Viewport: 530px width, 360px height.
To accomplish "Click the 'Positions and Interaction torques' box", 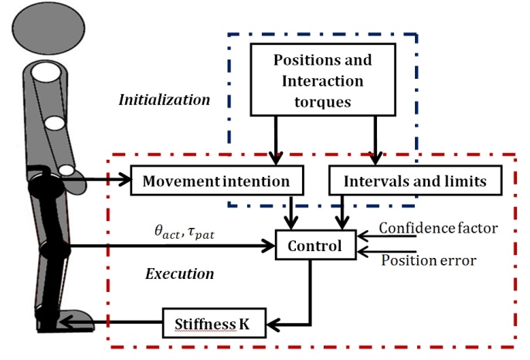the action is coord(323,80).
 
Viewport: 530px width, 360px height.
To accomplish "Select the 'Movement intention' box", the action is coord(217,181).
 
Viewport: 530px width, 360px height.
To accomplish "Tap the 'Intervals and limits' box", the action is coord(415,181).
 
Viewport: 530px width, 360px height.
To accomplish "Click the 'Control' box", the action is coord(315,245).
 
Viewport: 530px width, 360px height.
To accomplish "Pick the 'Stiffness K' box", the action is coord(214,323).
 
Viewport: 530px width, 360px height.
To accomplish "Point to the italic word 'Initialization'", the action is coord(165,100).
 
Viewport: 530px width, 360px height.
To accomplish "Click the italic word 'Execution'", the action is coord(180,273).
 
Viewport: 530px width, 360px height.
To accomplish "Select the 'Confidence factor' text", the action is coord(438,228).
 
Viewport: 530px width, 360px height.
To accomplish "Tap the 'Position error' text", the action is coord(429,260).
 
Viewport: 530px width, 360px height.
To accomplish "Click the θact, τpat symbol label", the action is coord(185,233).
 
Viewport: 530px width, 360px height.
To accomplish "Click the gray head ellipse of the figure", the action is coord(49,28).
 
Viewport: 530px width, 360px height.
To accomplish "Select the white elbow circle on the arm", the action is coord(55,123).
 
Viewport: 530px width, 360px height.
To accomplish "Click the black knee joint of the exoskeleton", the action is coord(55,250).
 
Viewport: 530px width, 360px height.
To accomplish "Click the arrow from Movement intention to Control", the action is coord(290,212).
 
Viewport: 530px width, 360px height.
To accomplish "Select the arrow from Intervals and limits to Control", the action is coord(342,212).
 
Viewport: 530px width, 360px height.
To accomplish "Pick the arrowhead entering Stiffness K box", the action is coord(273,325).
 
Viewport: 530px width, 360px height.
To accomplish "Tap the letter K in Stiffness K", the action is coord(244,324).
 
